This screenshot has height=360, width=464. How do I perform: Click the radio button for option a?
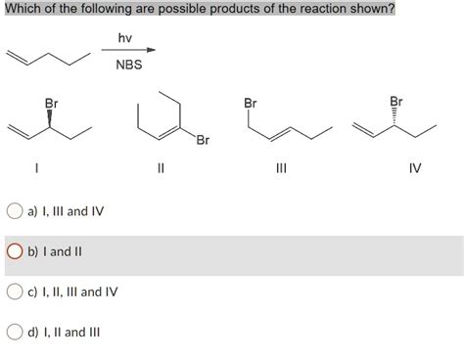[15, 210]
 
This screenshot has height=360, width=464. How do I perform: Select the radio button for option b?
[15, 250]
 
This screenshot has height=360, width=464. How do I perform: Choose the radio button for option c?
[15, 291]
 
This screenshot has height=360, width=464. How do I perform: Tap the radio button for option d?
[15, 331]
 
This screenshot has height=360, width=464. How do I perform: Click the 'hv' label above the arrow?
[124, 38]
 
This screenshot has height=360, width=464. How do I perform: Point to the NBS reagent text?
[128, 66]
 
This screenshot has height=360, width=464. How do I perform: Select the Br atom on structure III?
[251, 103]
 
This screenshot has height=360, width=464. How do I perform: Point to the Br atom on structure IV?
[395, 101]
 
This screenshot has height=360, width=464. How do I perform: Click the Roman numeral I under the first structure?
[36, 167]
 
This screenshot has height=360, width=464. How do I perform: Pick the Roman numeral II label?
[160, 167]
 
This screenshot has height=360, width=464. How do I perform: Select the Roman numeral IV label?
[415, 167]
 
